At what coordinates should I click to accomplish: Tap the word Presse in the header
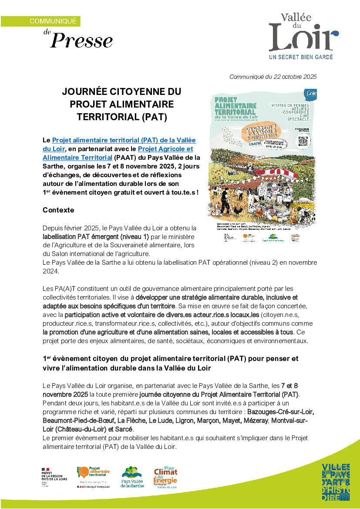[81, 40]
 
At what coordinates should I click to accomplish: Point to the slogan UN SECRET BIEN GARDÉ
[301, 57]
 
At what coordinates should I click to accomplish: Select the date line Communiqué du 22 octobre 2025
[273, 77]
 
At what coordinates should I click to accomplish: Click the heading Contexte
[58, 210]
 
